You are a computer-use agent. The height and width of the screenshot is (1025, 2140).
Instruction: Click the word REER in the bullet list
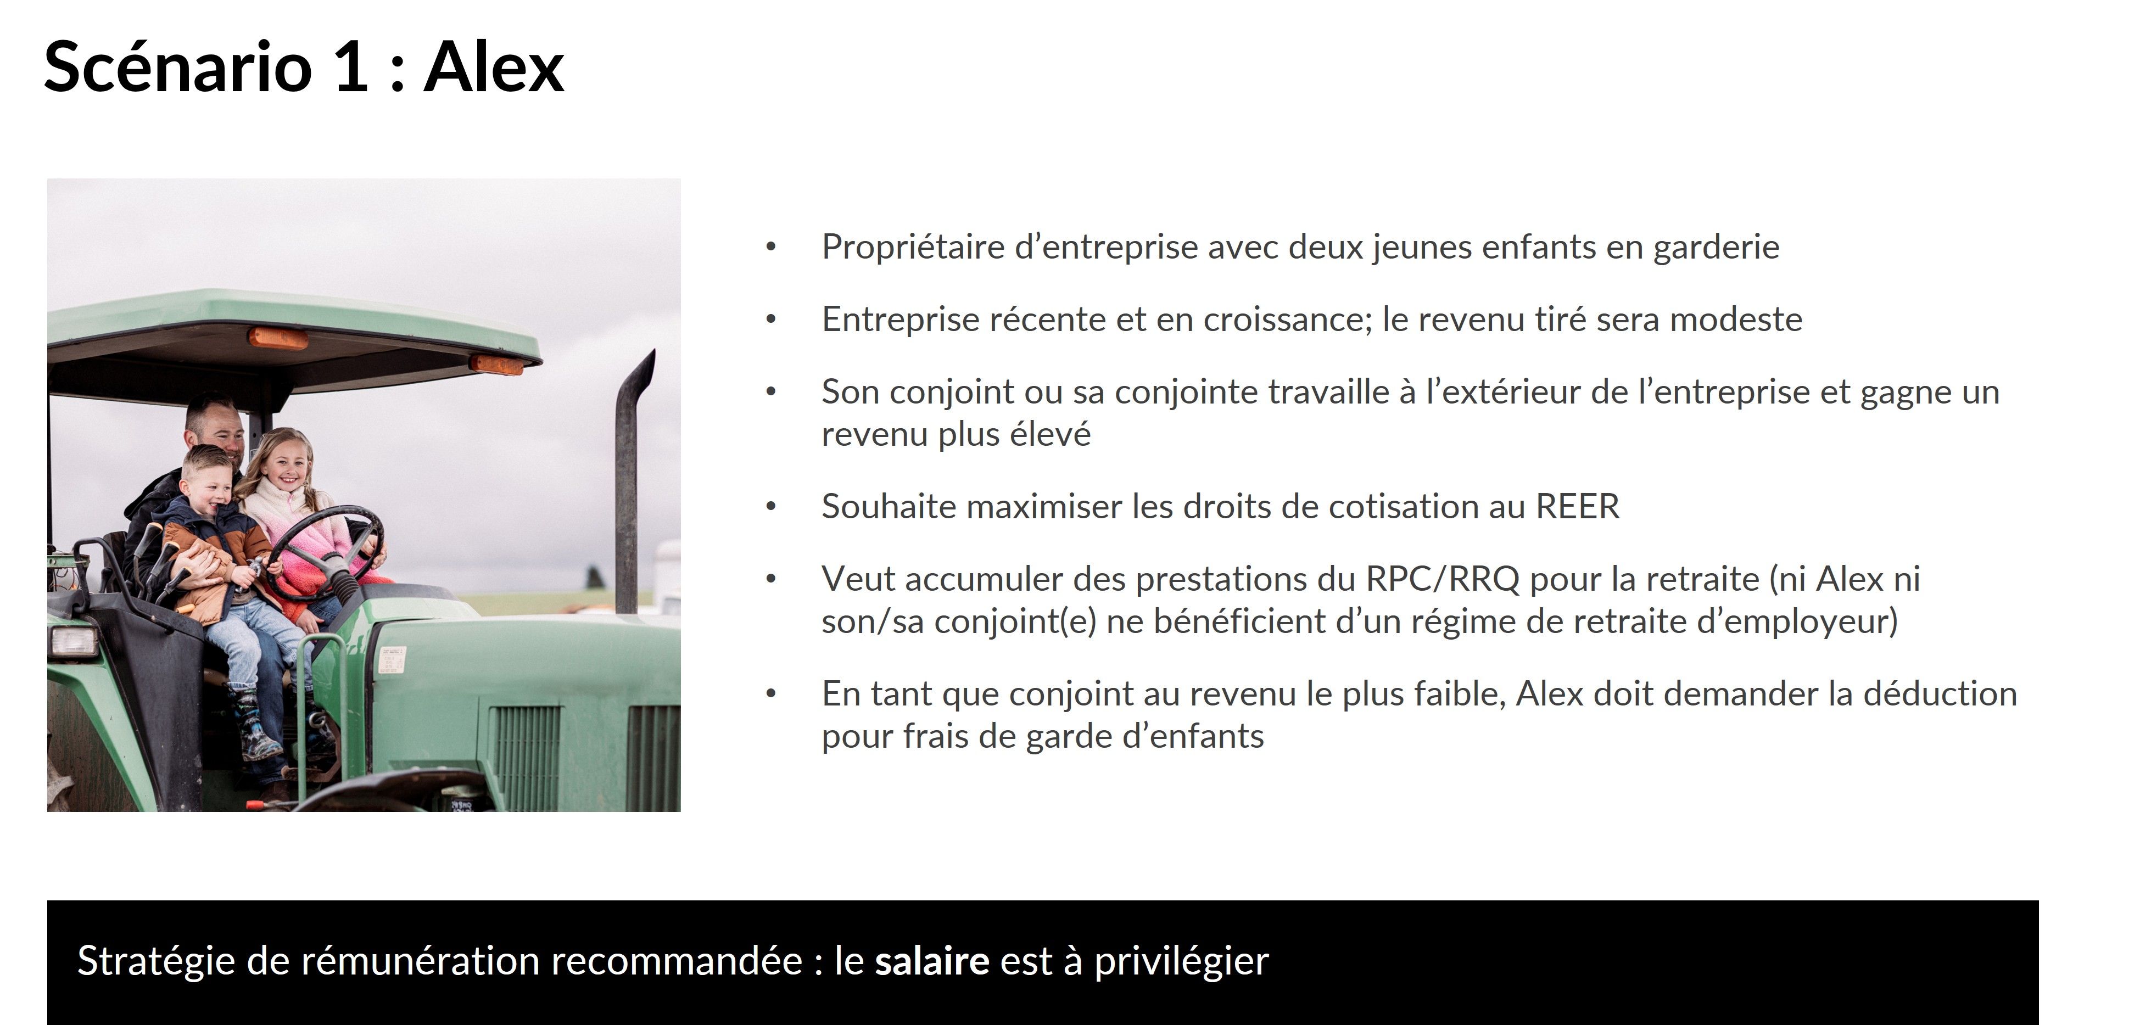click(x=1578, y=506)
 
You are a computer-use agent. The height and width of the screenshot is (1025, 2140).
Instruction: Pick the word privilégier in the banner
click(x=1181, y=962)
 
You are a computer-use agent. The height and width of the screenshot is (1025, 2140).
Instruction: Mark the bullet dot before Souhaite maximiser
click(x=771, y=506)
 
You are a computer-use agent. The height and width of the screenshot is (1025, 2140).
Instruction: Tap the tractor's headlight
click(x=75, y=640)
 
